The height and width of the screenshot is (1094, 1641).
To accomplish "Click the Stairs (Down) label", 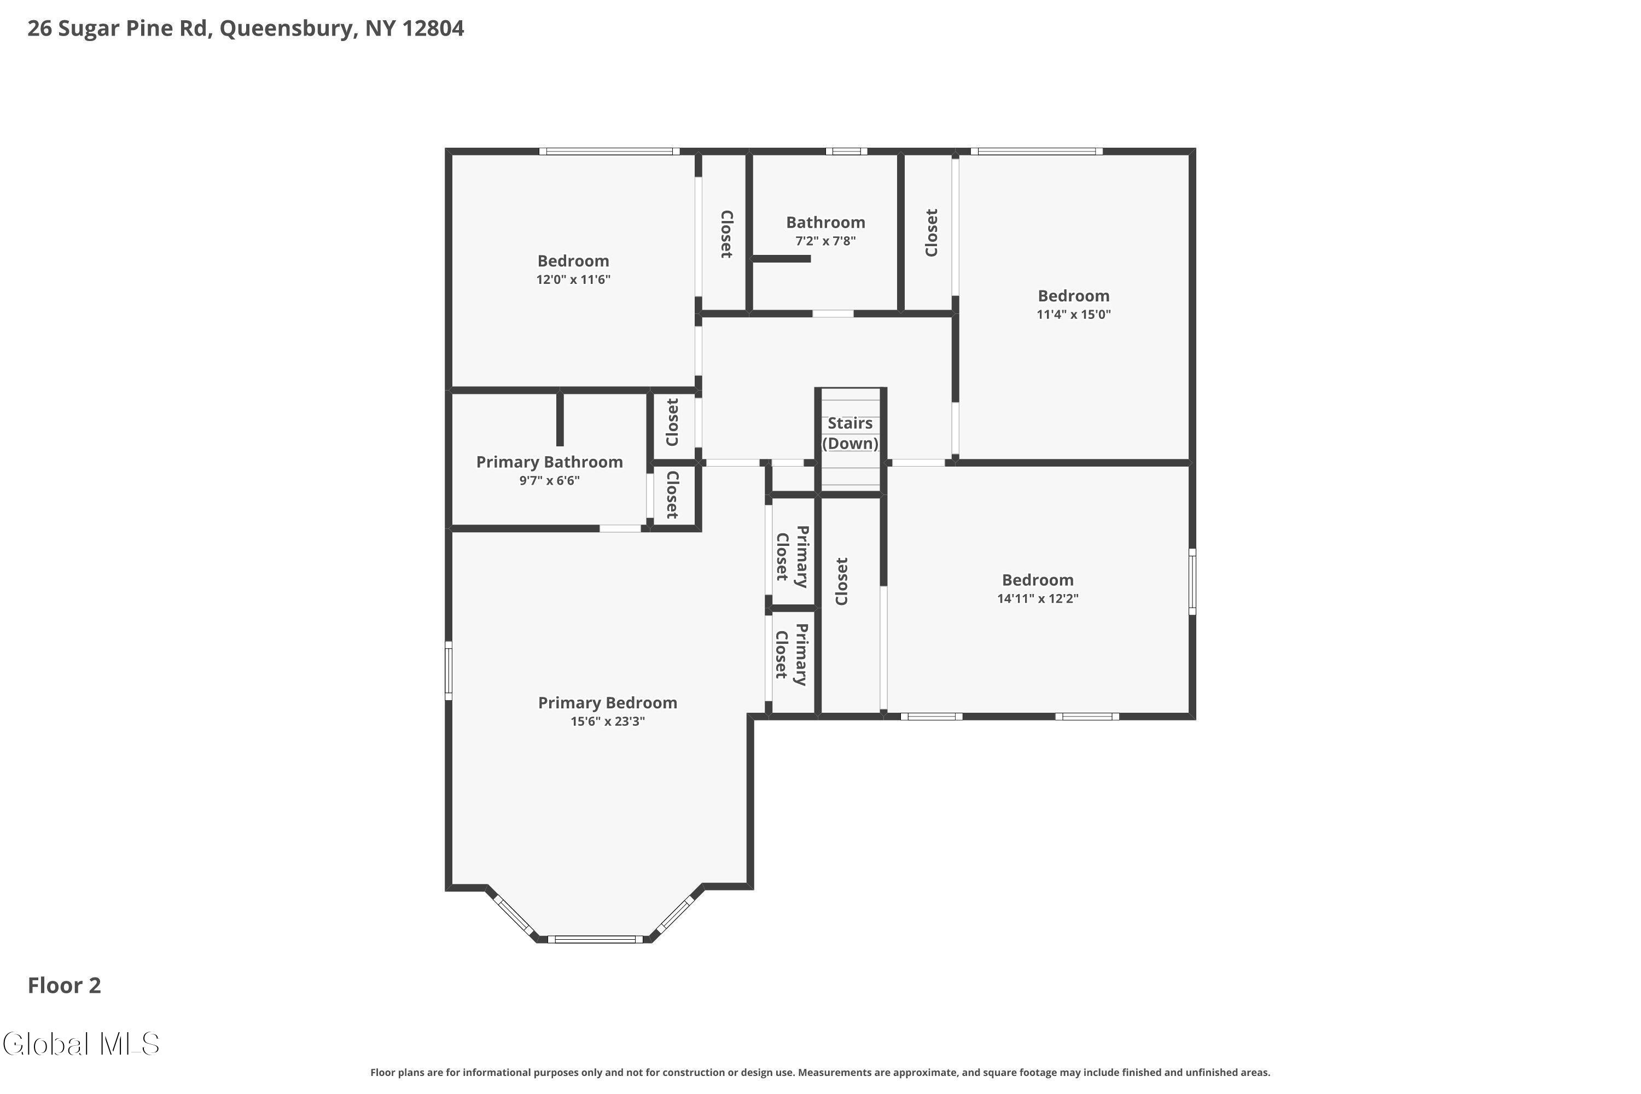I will [x=850, y=433].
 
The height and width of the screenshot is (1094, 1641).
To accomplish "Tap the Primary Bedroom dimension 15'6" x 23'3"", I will [x=607, y=721].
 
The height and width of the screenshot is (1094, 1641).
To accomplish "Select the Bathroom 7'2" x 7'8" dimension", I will [x=825, y=241].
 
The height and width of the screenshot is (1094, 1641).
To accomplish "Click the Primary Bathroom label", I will [x=549, y=462].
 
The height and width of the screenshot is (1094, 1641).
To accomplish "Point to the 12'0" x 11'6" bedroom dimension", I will [x=573, y=280].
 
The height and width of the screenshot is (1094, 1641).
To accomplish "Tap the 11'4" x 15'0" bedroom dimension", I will [x=1073, y=315].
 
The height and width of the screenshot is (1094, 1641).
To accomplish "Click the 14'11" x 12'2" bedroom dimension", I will [x=1038, y=598].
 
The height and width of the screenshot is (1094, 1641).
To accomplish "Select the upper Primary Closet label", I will [x=792, y=556].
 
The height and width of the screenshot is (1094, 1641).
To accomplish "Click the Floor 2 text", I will [x=64, y=985].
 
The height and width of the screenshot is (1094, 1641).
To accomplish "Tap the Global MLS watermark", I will [x=81, y=1044].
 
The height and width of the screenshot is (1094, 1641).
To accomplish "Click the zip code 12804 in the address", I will [x=433, y=28].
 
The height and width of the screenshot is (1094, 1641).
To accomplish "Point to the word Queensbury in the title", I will [x=287, y=28].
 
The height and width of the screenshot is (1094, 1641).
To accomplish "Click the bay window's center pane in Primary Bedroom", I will [x=595, y=939].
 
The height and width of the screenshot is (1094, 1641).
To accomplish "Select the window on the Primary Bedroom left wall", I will [x=449, y=671].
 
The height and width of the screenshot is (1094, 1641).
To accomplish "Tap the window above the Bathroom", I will [x=846, y=152].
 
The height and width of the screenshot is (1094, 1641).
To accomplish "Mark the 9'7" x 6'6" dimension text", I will [x=549, y=481].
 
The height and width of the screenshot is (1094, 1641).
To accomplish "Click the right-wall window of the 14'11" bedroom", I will [x=1192, y=581].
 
